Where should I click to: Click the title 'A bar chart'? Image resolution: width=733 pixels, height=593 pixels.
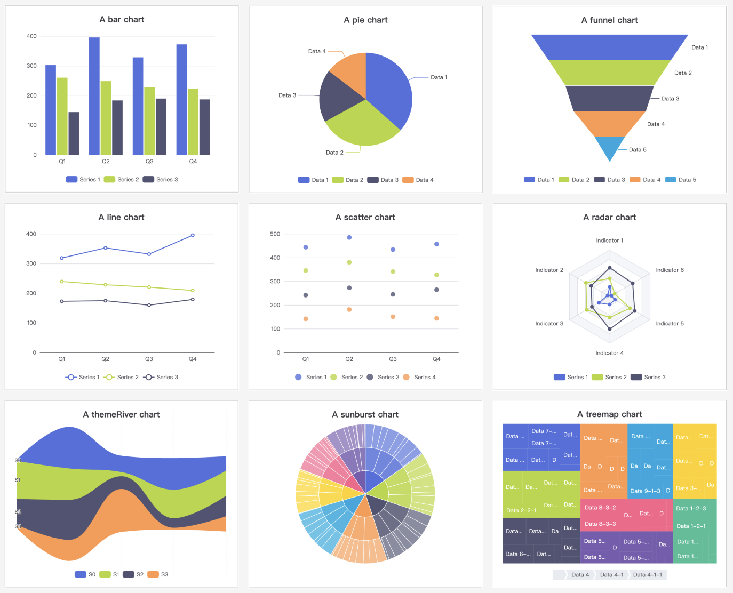[x=122, y=20]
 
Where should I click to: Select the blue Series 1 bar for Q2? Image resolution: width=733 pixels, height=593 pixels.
[x=94, y=96]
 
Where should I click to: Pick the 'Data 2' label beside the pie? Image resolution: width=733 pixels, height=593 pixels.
[x=334, y=153]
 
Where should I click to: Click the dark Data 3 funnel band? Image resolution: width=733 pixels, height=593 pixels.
[x=609, y=98]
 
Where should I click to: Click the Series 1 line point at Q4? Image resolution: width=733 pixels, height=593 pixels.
[x=193, y=235]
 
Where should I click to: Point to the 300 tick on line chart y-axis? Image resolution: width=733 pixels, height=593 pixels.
[x=31, y=263]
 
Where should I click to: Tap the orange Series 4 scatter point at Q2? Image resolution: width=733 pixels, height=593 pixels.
[x=349, y=309]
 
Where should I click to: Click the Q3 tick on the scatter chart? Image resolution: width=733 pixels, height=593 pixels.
[x=393, y=359]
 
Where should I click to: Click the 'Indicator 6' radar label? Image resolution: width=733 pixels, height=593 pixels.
[x=670, y=270]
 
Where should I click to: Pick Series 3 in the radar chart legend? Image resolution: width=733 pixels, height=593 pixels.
[x=648, y=377]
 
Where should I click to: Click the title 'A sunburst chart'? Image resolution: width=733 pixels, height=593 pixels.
[x=365, y=414]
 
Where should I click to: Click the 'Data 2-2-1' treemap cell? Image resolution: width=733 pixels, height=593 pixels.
[x=521, y=510]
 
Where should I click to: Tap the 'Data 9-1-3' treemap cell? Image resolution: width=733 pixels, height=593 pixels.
[x=645, y=491]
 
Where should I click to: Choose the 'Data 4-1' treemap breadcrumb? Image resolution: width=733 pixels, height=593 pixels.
[x=611, y=574]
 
